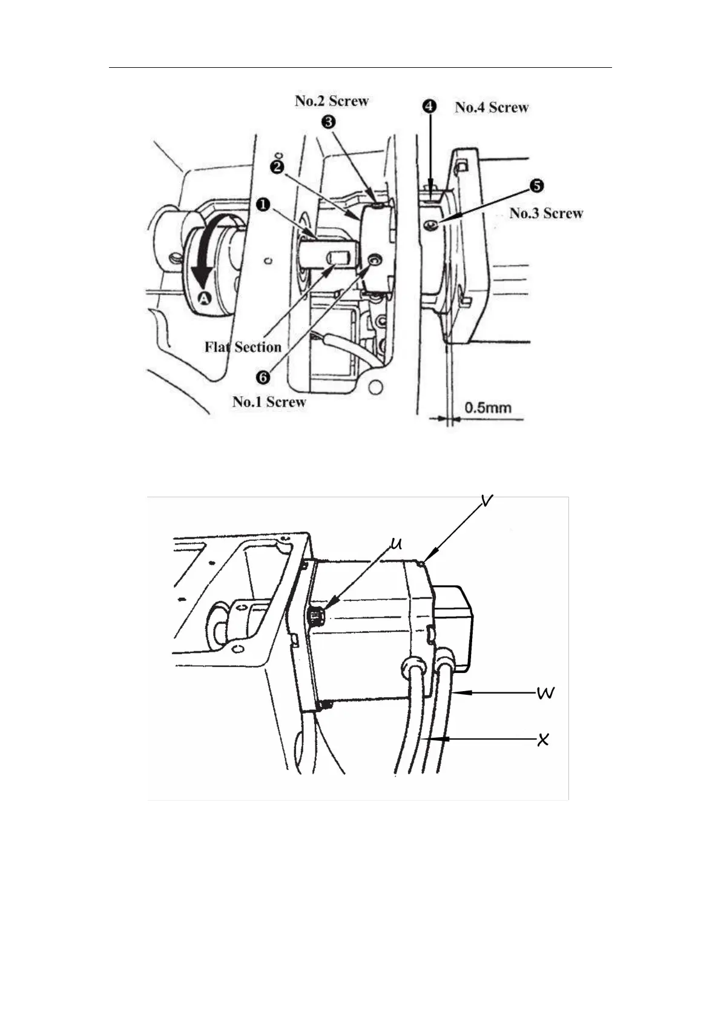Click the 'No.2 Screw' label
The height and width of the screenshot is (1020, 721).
331,101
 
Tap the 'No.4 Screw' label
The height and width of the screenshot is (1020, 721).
492,107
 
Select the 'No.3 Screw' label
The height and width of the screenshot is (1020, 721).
546,213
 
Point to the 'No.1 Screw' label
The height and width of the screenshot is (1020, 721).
269,402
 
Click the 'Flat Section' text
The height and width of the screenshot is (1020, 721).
243,347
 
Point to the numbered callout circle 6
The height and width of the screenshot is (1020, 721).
264,376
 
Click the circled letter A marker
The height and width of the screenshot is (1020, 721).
204,297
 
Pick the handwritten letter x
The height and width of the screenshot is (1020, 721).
543,739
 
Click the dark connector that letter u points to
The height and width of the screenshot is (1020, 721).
315,617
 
